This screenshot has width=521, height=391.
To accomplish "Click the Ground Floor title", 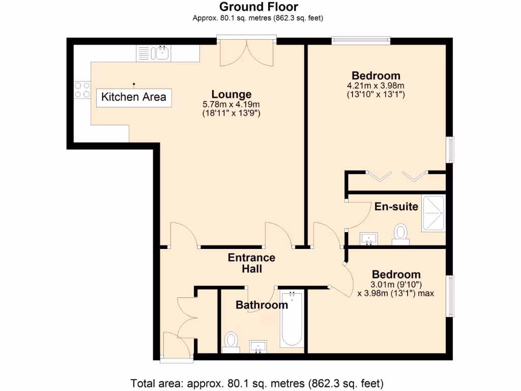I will point(258,7).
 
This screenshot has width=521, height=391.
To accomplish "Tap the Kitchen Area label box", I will point(134,97).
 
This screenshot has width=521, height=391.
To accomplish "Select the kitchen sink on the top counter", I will point(163,52).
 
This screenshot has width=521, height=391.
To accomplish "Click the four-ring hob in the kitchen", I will point(82,90).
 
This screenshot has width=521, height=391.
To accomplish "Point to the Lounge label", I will point(231,94).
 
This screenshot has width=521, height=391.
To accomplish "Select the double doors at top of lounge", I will point(247,52).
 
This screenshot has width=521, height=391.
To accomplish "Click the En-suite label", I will point(396,206).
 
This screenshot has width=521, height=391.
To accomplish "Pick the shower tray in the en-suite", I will point(433,213).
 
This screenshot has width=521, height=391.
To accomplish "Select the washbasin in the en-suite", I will point(369,238).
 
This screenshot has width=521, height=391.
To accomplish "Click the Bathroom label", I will point(262,305).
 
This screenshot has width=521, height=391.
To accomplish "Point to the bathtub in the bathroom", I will point(292,319).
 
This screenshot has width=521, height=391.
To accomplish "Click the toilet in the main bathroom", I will point(231,341).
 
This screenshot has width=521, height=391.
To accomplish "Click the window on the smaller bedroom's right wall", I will point(450,296).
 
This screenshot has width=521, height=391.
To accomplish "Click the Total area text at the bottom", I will point(257,383).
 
